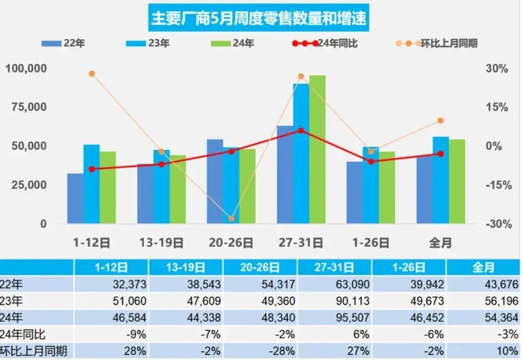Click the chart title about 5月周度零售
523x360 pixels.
(258, 19)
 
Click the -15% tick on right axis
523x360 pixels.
(496, 186)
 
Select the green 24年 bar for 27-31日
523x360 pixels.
(317, 150)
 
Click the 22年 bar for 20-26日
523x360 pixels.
(215, 182)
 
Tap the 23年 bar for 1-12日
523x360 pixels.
(91, 184)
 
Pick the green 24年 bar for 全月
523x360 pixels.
(457, 182)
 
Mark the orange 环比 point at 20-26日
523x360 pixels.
(231, 219)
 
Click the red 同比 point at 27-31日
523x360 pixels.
(301, 131)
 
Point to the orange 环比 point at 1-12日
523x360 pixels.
(92, 74)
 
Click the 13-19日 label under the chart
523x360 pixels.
(162, 243)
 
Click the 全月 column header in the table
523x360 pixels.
(484, 268)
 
